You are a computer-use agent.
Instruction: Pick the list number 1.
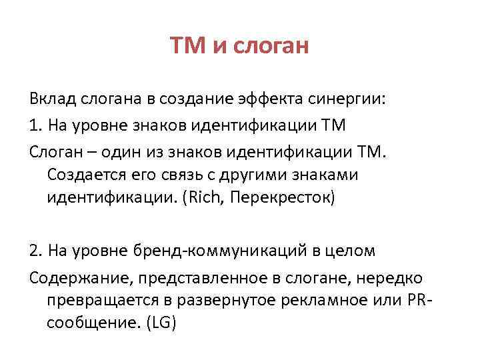point(34,125)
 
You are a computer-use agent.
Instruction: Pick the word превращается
point(93,300)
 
